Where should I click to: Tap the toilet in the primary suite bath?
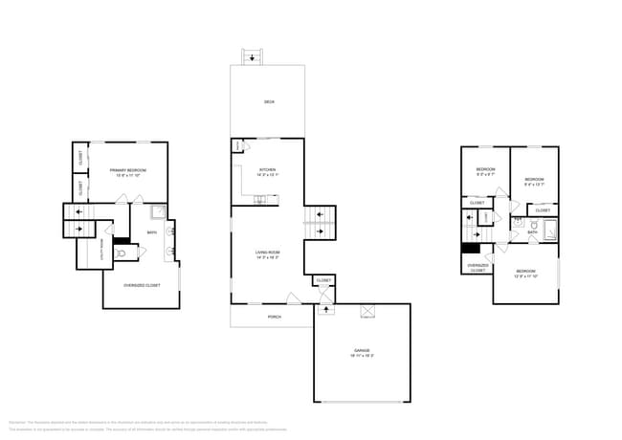point(122,253)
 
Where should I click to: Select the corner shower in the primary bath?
point(158,212)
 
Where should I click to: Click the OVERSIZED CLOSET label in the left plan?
point(142,286)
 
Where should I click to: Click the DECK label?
point(269,101)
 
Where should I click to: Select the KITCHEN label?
point(267,172)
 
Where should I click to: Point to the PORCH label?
point(274,317)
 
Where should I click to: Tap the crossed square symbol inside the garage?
point(365,312)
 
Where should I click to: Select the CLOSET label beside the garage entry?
point(324,280)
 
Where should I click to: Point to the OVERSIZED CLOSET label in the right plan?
point(477,267)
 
